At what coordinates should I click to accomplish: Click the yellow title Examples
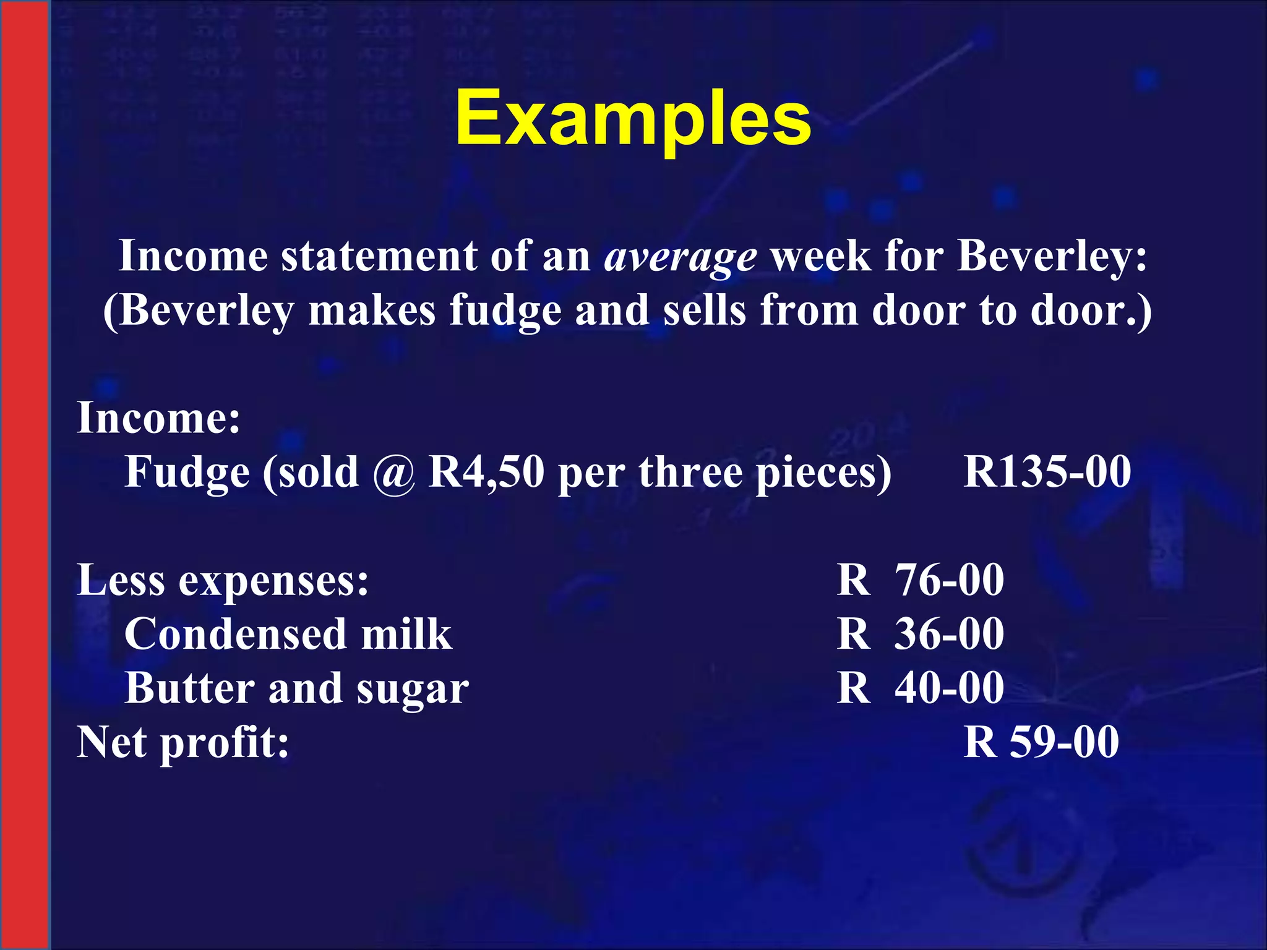pyautogui.click(x=633, y=119)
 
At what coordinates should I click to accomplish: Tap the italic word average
pyautogui.click(x=680, y=257)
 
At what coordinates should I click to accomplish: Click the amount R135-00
pyautogui.click(x=1047, y=472)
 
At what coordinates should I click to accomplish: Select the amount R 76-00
pyautogui.click(x=920, y=580)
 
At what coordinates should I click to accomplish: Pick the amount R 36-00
pyautogui.click(x=920, y=635)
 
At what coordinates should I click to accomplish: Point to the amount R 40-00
pyautogui.click(x=920, y=688)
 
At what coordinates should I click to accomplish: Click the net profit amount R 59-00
pyautogui.click(x=1041, y=742)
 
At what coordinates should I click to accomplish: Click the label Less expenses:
pyautogui.click(x=223, y=581)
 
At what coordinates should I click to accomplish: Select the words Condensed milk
pyautogui.click(x=288, y=635)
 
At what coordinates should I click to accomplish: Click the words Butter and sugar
pyautogui.click(x=297, y=689)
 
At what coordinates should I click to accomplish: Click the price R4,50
pyautogui.click(x=486, y=473)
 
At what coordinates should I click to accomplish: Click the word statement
pyautogui.click(x=379, y=256)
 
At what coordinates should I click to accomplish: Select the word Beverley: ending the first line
pyautogui.click(x=1052, y=256)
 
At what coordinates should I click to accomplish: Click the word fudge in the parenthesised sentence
pyautogui.click(x=505, y=311)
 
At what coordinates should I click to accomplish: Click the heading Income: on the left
pyautogui.click(x=158, y=418)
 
